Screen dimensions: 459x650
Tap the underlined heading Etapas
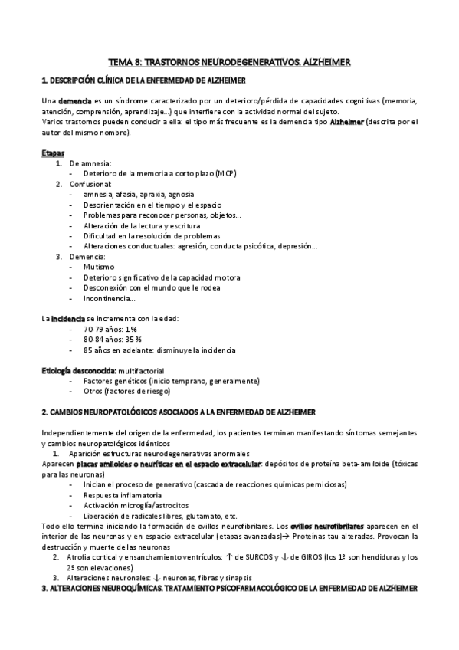[53, 153]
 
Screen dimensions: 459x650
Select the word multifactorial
[141, 371]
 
